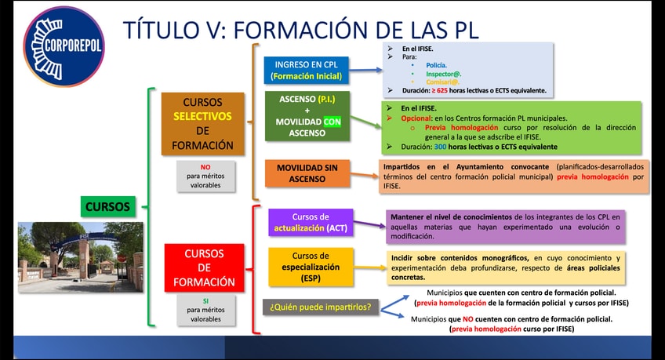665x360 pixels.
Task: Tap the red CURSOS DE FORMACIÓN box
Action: [204, 267]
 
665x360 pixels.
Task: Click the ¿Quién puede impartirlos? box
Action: [321, 307]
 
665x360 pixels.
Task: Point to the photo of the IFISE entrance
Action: [80, 253]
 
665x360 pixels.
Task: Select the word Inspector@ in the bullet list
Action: [442, 73]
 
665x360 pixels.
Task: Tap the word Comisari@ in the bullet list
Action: [441, 82]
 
